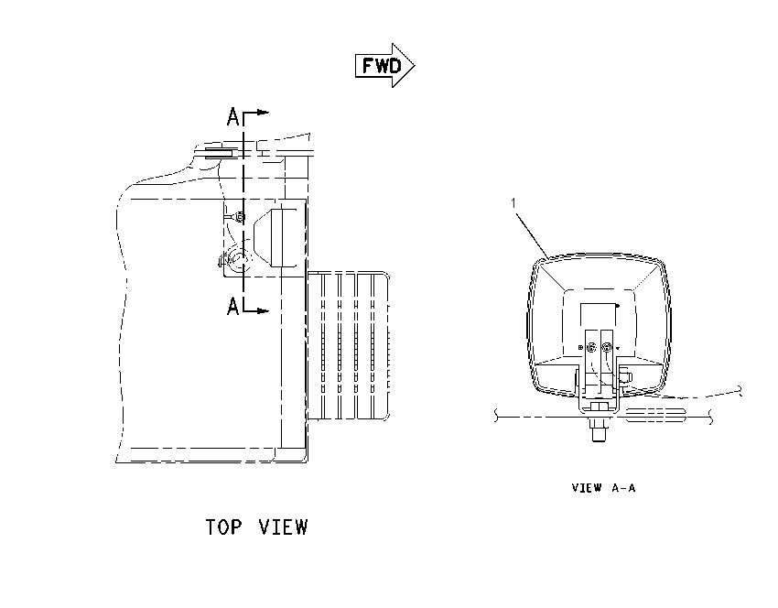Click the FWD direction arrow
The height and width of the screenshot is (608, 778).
[385, 66]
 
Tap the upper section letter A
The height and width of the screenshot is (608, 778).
[232, 117]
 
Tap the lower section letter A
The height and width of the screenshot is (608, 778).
[232, 306]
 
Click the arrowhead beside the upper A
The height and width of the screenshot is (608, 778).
[264, 113]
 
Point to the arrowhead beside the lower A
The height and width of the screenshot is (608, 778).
[264, 310]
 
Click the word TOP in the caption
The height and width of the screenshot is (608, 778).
[223, 527]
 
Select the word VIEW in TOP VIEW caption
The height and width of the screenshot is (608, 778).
[283, 527]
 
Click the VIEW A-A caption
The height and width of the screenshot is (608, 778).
[603, 488]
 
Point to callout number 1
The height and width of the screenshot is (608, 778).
[513, 203]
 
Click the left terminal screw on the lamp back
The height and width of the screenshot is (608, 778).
[592, 347]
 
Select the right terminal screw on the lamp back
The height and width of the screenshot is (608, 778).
[606, 347]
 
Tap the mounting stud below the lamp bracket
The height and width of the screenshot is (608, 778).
[599, 430]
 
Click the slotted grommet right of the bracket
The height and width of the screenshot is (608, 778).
[655, 415]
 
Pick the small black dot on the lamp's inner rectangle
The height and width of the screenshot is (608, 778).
[617, 306]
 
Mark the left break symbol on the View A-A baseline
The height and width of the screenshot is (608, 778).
[496, 416]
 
